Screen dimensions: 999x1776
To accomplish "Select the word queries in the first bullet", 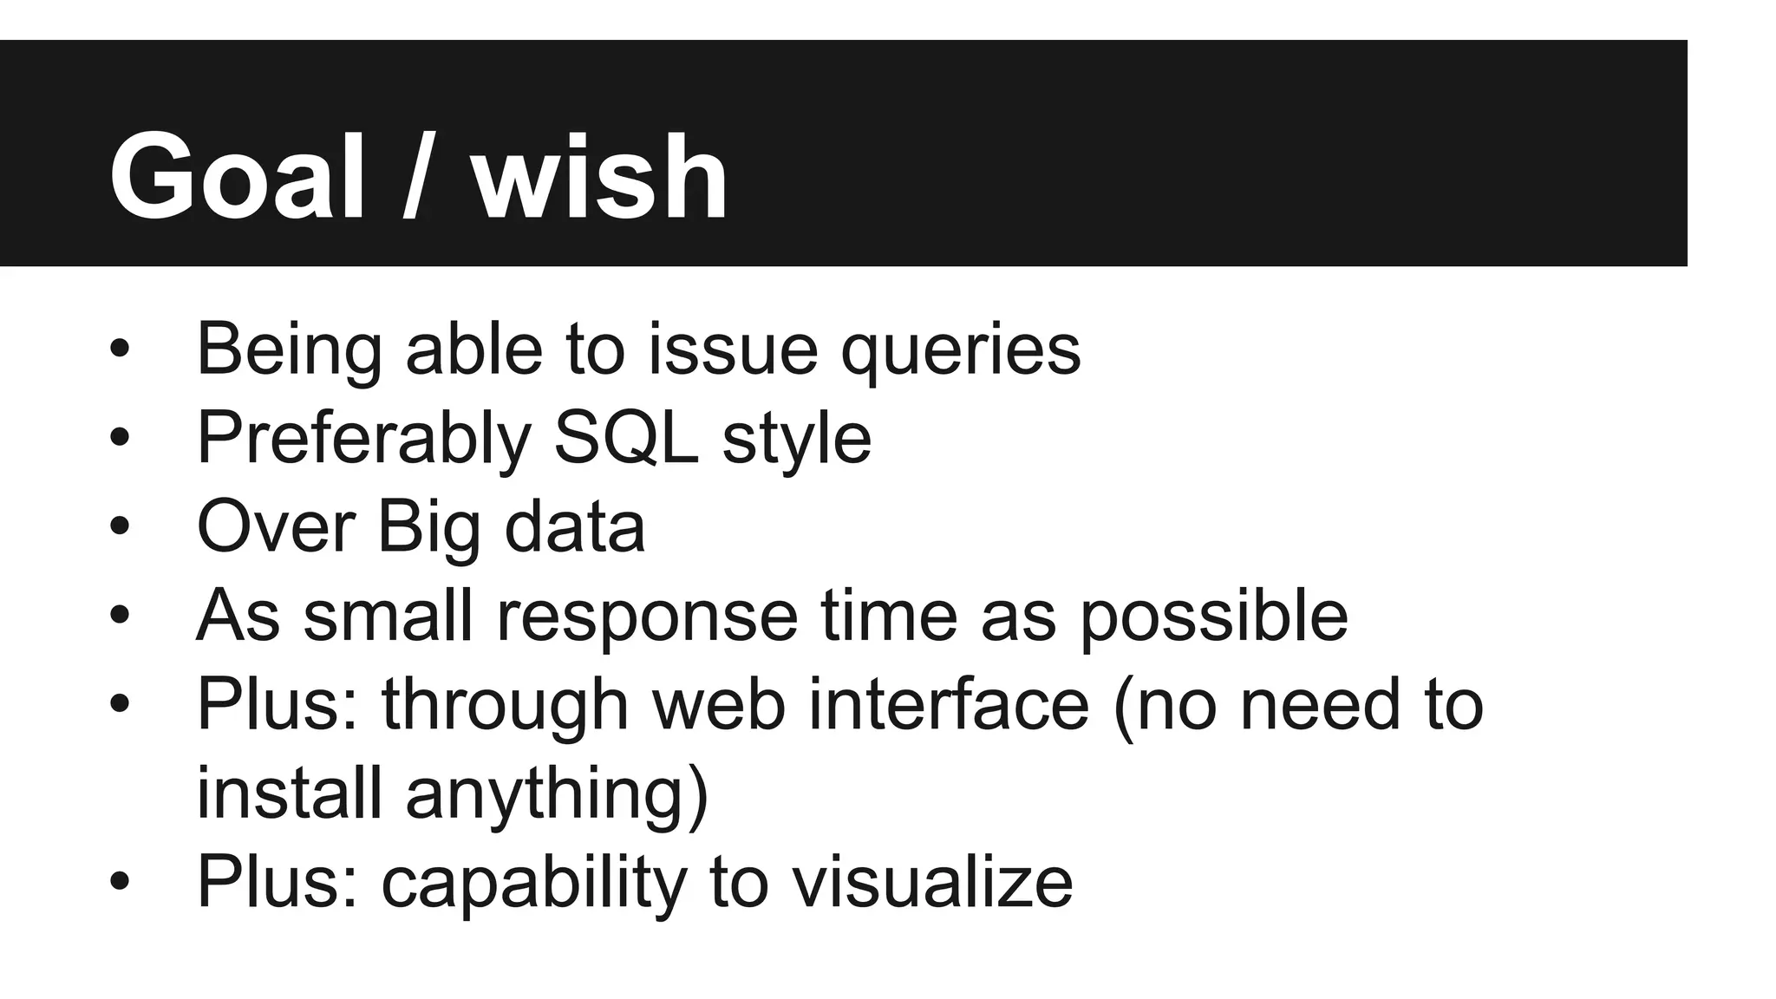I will coord(961,350).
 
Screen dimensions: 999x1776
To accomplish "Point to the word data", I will coord(575,526).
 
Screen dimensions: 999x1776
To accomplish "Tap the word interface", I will coord(949,704).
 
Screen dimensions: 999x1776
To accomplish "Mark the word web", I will coord(719,704).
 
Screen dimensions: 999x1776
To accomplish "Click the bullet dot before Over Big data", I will coord(120,526).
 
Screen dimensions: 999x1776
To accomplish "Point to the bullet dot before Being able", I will coord(120,349).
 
